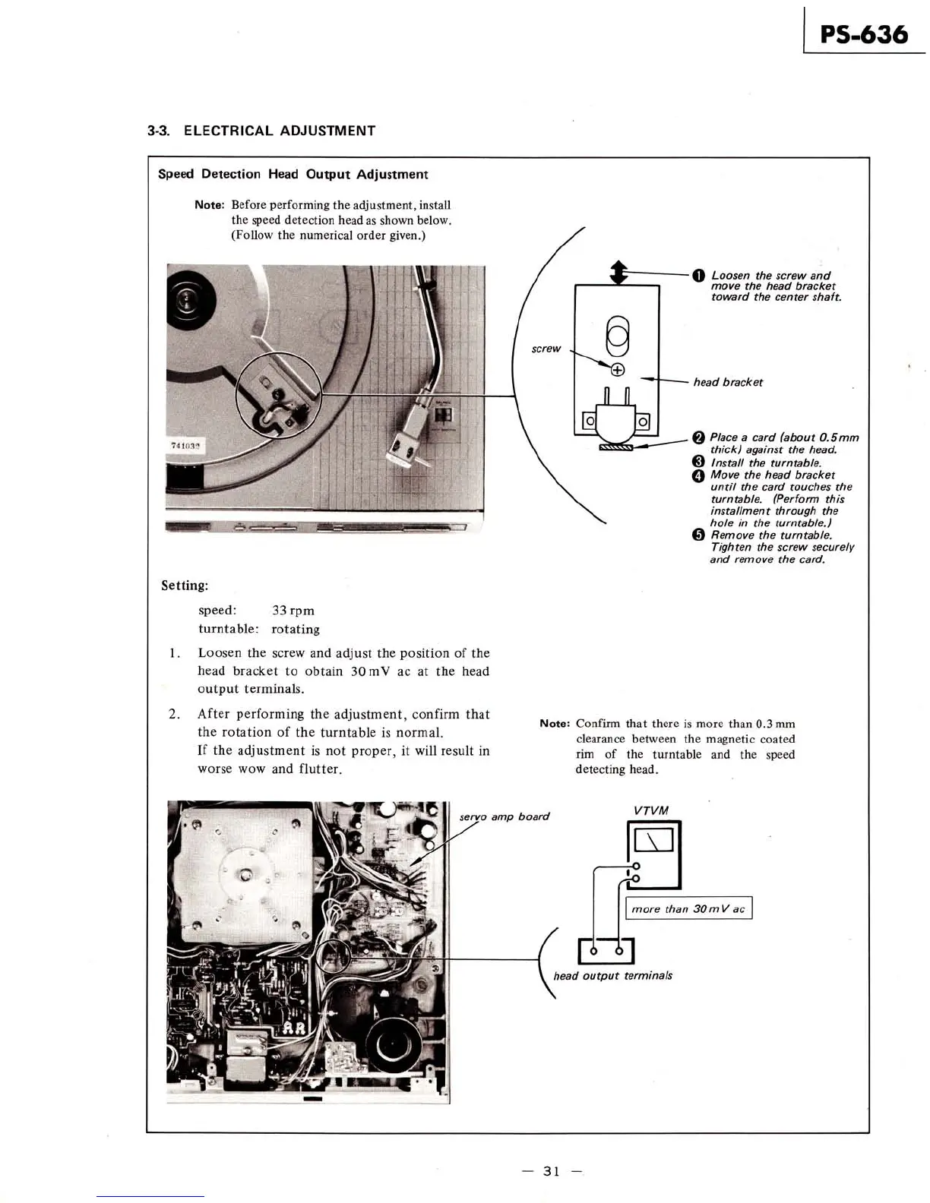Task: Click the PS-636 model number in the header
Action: pyautogui.click(x=864, y=35)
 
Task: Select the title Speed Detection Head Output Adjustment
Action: pyautogui.click(x=293, y=175)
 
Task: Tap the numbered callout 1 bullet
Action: pyautogui.click(x=697, y=276)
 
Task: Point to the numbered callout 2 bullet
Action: pyautogui.click(x=697, y=437)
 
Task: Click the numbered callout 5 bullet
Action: pyautogui.click(x=697, y=535)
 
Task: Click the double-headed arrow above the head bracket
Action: pyautogui.click(x=618, y=272)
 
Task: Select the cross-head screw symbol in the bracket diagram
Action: pyautogui.click(x=618, y=370)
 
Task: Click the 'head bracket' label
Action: pyautogui.click(x=727, y=382)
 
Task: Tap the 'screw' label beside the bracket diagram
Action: pyautogui.click(x=546, y=349)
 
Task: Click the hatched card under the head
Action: pyautogui.click(x=616, y=447)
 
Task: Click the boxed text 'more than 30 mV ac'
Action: pyautogui.click(x=688, y=909)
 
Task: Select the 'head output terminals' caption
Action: pyautogui.click(x=612, y=976)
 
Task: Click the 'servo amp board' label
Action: pyautogui.click(x=504, y=817)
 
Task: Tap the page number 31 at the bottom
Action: pyautogui.click(x=552, y=1171)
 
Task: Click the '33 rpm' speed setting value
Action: pyautogui.click(x=293, y=611)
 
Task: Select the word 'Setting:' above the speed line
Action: pyautogui.click(x=185, y=586)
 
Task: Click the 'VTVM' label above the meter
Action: pyautogui.click(x=650, y=810)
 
